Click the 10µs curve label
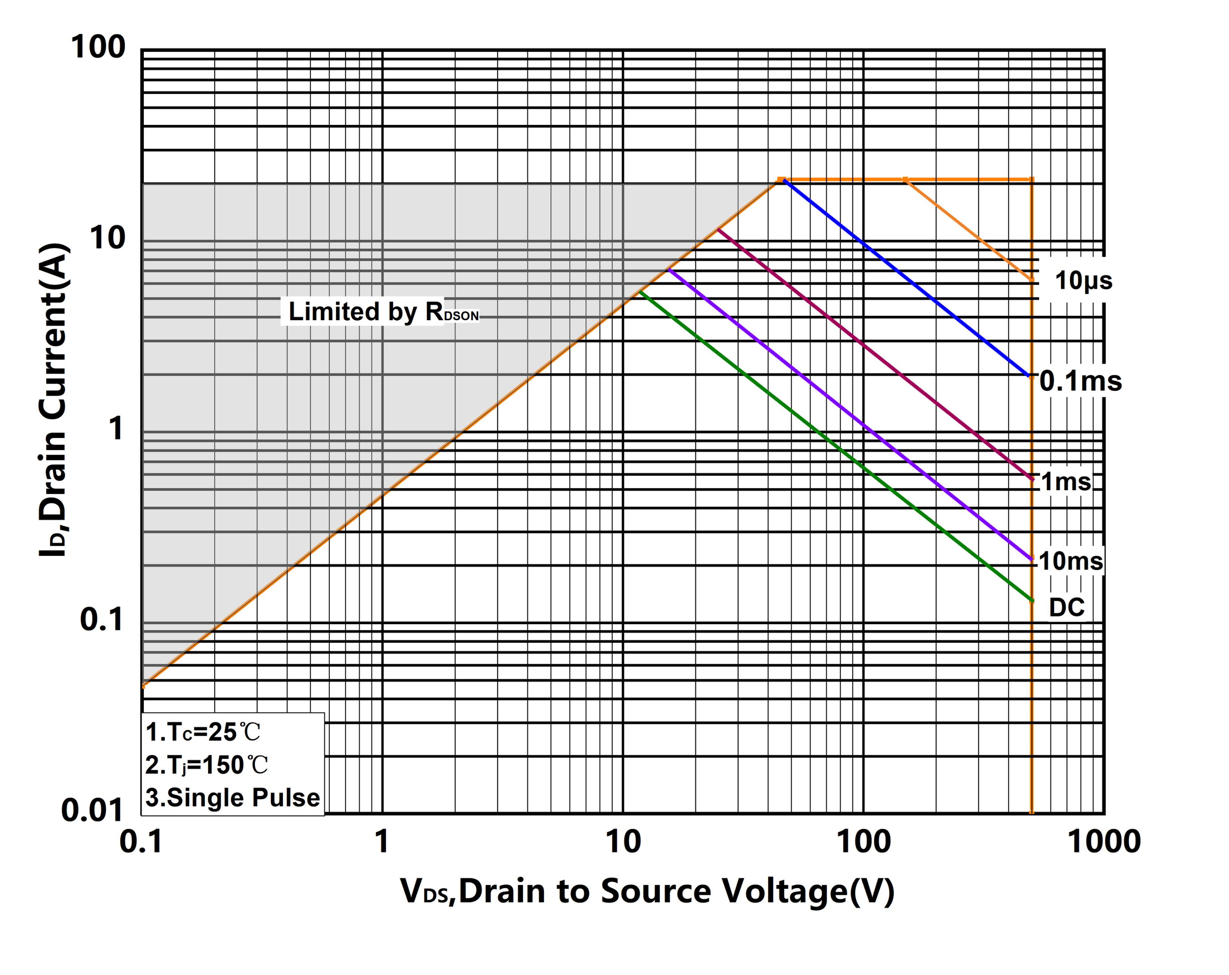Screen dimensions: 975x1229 pos(1083,281)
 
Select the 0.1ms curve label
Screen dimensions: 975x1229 pos(1080,381)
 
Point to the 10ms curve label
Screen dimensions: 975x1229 pos(1070,561)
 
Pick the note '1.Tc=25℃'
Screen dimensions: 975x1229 pos(203,732)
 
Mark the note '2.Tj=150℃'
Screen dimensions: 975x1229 pos(206,765)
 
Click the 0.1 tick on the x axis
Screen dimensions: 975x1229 pos(141,842)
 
